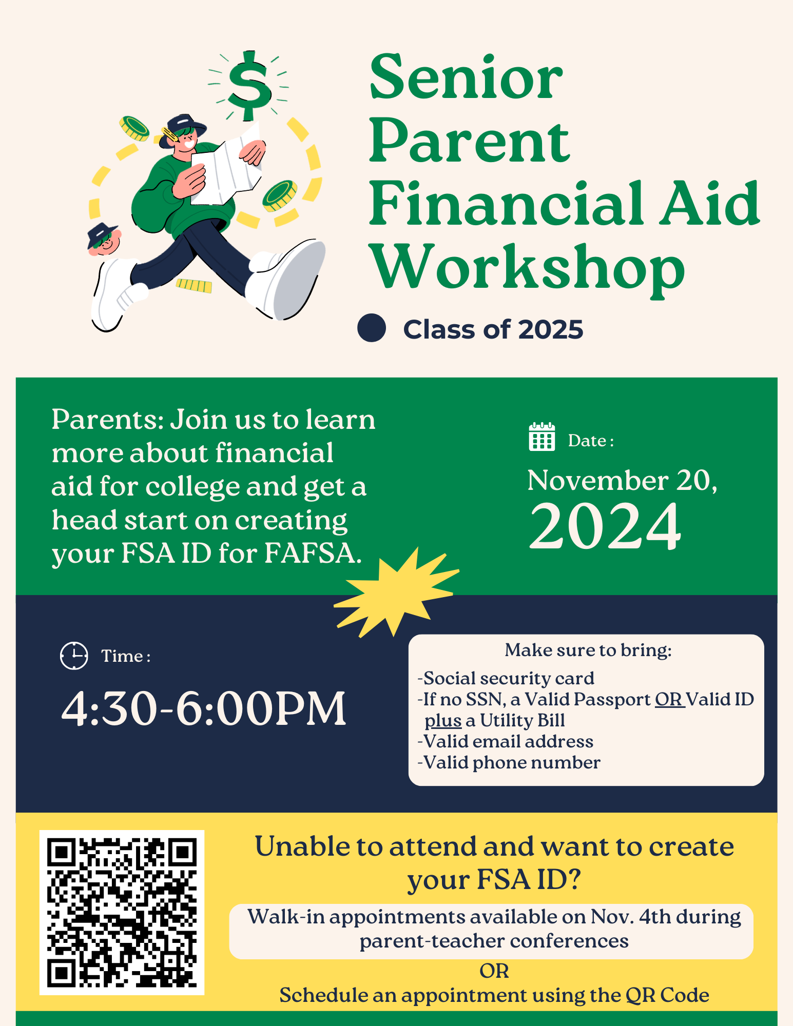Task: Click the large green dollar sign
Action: pyautogui.click(x=249, y=85)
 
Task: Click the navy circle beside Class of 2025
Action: pyautogui.click(x=372, y=328)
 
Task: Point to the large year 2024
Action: pyautogui.click(x=605, y=526)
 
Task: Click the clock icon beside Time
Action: pyautogui.click(x=74, y=656)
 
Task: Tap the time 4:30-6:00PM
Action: pyautogui.click(x=204, y=709)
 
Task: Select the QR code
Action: pyautogui.click(x=122, y=912)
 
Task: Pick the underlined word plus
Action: pyautogui.click(x=443, y=721)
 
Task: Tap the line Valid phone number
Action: pyautogui.click(x=511, y=763)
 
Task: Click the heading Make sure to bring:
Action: pyautogui.click(x=588, y=650)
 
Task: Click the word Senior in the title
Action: pyautogui.click(x=466, y=78)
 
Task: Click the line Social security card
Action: pyautogui.click(x=508, y=679)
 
